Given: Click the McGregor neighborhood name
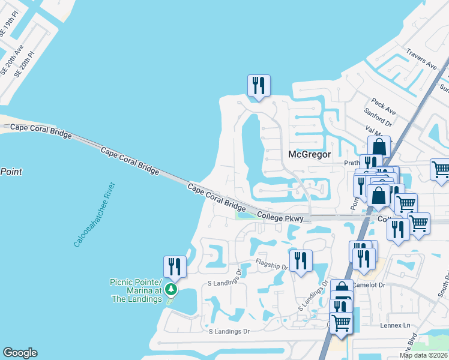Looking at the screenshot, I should [x=310, y=154].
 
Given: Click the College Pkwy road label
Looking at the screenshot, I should [x=278, y=217].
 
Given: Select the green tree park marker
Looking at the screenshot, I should [x=172, y=290].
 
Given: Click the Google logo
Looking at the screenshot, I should [x=20, y=353].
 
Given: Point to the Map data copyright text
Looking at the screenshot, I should [x=423, y=355].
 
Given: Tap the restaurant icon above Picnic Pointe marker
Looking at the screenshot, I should [x=175, y=266].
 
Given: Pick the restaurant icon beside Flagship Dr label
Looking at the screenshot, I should [x=301, y=260].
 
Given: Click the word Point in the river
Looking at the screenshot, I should [x=11, y=172].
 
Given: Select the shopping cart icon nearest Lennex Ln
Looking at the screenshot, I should [x=341, y=323].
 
